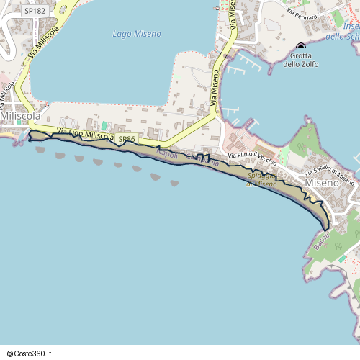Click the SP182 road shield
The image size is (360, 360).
pos(34,11)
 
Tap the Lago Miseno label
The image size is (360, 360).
pos(137,34)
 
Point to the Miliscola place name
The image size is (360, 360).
pos(19,115)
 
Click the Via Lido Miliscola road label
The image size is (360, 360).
pos(85,135)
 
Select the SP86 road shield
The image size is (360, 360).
pos(127,138)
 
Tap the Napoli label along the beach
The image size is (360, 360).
pos(166,154)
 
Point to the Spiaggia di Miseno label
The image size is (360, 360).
pos(262,180)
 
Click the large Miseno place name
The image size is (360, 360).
pos(321,184)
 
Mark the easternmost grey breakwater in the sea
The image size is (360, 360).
pos(174,184)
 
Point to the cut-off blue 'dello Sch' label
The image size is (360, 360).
pos(341,35)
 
